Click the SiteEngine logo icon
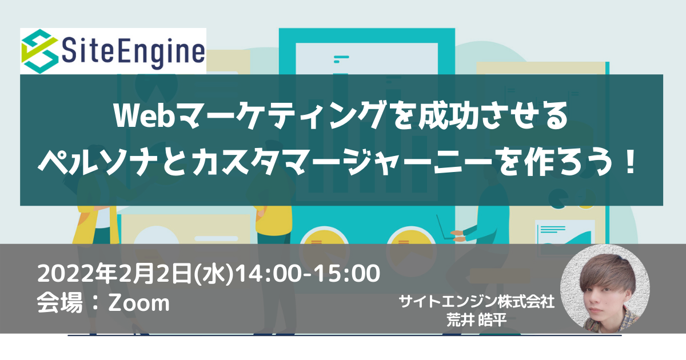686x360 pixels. click(40, 51)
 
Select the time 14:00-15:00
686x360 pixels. click(308, 273)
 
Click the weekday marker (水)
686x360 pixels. click(214, 274)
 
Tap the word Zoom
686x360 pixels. click(139, 303)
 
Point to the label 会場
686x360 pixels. click(59, 303)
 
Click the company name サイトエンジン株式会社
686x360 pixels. click(477, 302)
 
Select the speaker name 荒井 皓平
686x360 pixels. click(477, 320)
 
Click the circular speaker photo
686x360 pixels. click(605, 289)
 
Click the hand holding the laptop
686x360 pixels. click(458, 235)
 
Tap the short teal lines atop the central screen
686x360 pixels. click(341, 59)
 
